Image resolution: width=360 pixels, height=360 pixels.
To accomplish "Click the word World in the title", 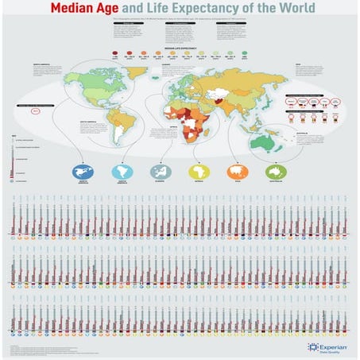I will [x=293, y=10].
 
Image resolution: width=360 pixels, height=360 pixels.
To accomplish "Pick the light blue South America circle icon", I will [x=122, y=171].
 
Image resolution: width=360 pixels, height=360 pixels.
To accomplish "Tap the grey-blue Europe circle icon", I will [x=161, y=171].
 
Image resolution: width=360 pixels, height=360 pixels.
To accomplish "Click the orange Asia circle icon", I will [x=238, y=171].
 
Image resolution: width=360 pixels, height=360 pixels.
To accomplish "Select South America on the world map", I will [x=123, y=127].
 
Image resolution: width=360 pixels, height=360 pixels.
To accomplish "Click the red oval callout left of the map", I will [x=36, y=111].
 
